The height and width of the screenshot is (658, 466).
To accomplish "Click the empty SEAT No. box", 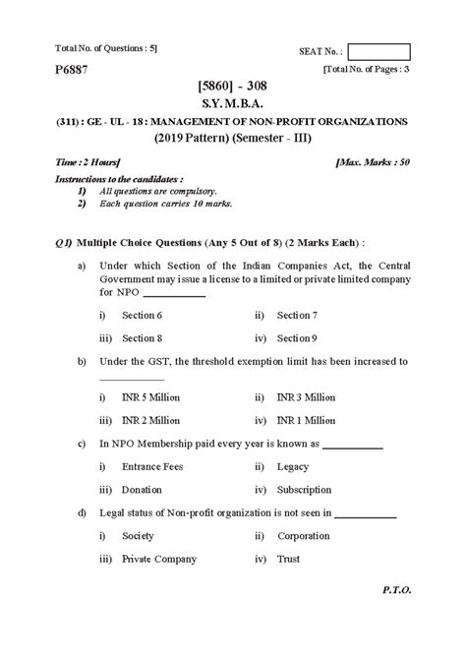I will coord(380,52).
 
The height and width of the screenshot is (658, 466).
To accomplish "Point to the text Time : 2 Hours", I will coord(87,158).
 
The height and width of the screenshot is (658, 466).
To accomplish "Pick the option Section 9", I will coord(297,337).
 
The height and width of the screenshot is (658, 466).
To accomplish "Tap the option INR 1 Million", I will coord(307,420).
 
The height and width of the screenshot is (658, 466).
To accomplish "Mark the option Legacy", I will coord(294,466).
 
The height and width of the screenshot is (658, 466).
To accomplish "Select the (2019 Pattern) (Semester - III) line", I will coord(233,138).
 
